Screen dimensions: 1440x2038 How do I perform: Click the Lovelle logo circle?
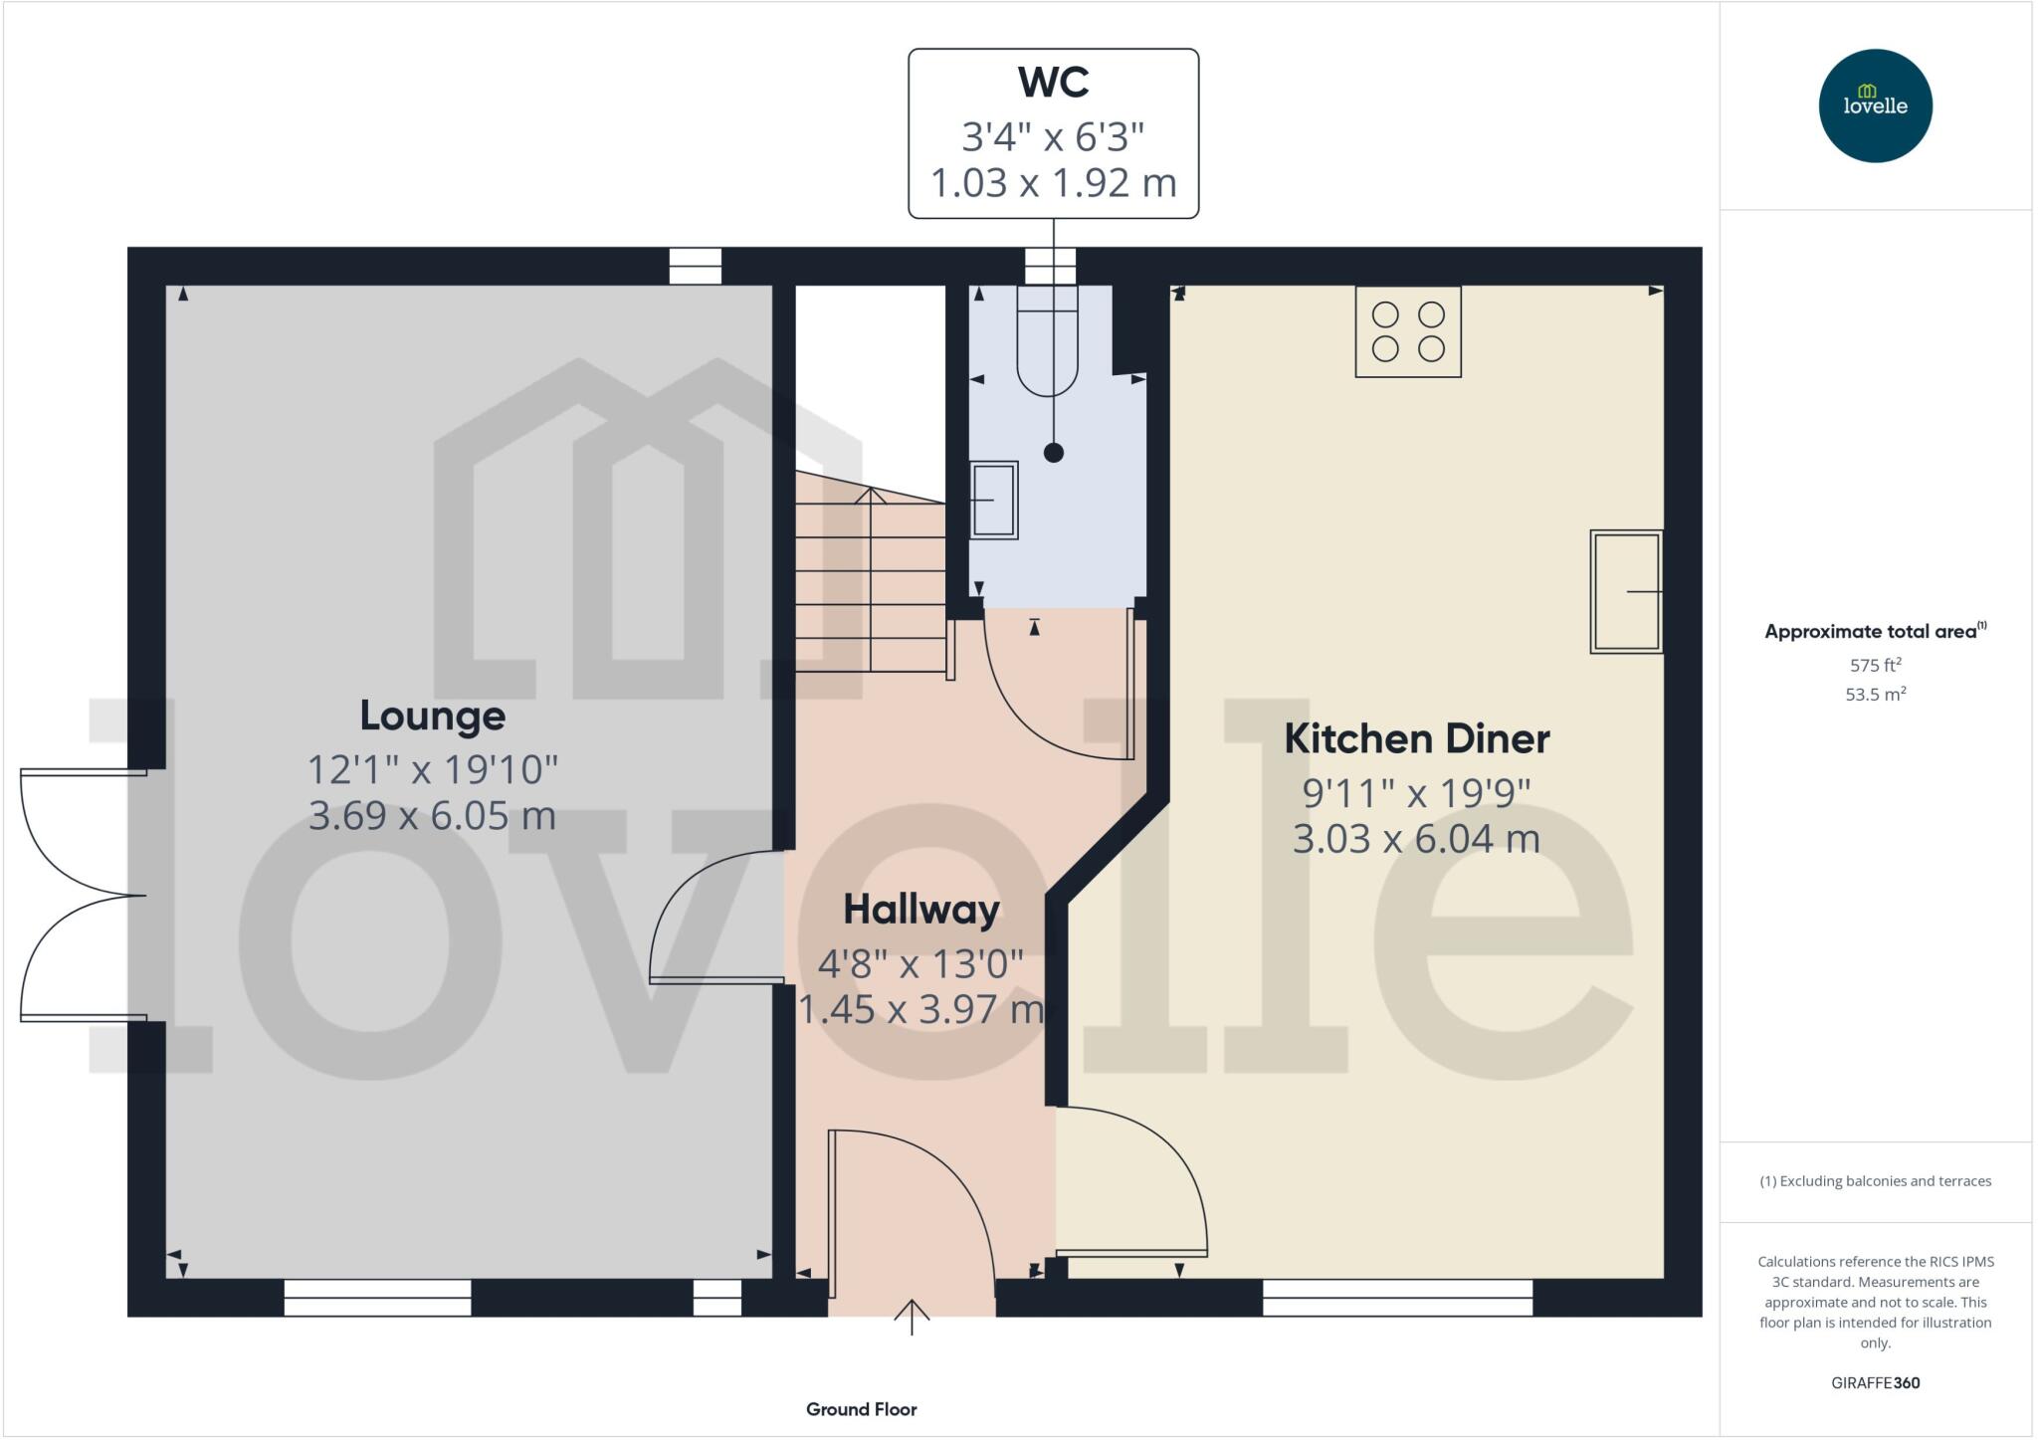(x=1875, y=105)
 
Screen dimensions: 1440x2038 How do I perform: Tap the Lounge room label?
(x=432, y=716)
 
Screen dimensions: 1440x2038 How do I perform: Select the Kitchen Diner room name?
(x=1416, y=738)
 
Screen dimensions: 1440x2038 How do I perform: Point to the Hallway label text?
(x=921, y=910)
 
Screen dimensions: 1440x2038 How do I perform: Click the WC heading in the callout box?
(x=1053, y=83)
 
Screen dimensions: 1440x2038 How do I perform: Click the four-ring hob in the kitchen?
(x=1408, y=331)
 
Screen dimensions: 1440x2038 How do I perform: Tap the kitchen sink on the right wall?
(x=1626, y=591)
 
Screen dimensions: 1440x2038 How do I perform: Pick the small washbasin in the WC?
(x=994, y=500)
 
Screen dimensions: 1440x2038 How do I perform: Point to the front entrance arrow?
(x=912, y=1316)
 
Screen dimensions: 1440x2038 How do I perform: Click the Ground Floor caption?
(x=861, y=1409)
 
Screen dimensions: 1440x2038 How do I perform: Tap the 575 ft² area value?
(x=1875, y=665)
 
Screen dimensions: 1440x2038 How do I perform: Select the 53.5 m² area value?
(x=1875, y=694)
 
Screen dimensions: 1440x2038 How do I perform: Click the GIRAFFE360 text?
(x=1875, y=1382)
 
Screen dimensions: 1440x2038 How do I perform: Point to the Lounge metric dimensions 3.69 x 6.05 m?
(x=432, y=816)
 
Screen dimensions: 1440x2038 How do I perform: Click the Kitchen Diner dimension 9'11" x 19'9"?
(x=1416, y=793)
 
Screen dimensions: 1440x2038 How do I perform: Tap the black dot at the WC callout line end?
(x=1053, y=453)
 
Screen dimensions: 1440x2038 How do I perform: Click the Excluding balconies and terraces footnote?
(x=1875, y=1181)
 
